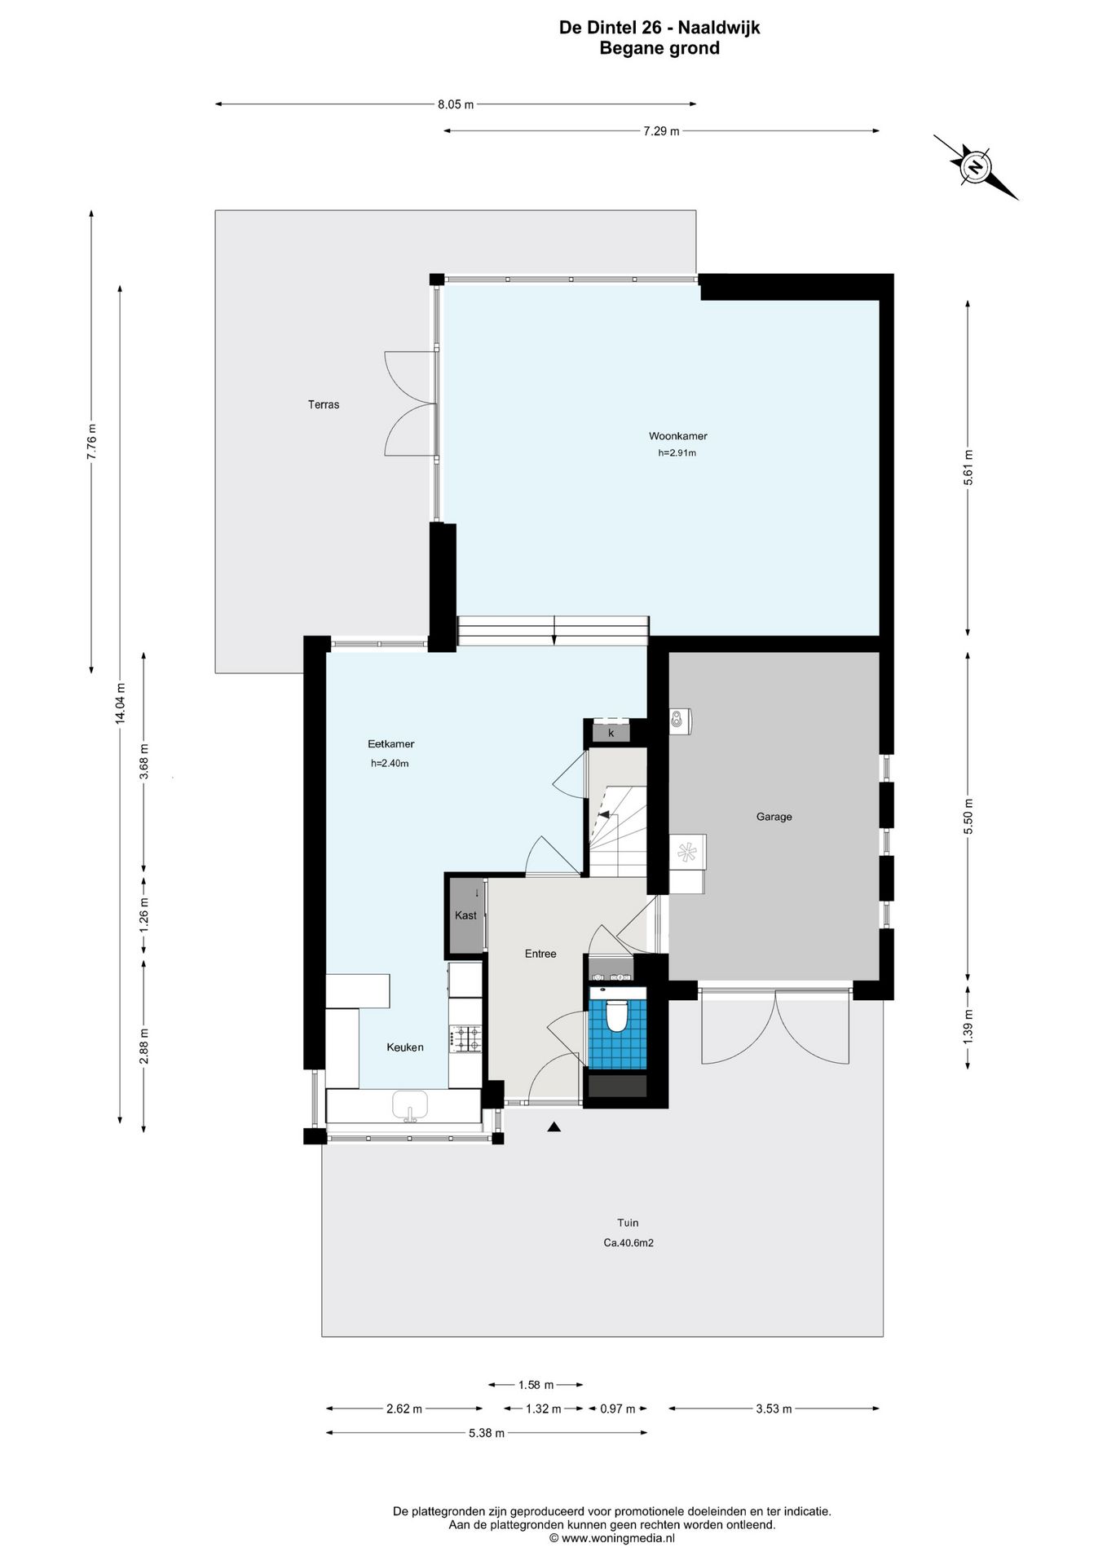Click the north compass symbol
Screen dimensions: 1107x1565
[976, 166]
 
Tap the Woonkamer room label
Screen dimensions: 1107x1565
[677, 436]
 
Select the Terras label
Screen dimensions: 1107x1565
[324, 404]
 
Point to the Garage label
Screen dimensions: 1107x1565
[774, 817]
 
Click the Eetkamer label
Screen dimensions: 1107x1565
[391, 744]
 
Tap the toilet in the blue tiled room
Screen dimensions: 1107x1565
[617, 1015]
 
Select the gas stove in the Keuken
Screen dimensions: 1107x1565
[467, 1038]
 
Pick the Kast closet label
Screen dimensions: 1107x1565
[465, 915]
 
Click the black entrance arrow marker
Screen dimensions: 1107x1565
[554, 1127]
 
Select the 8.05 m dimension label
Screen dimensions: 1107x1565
[456, 104]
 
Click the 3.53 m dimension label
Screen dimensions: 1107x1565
[774, 1408]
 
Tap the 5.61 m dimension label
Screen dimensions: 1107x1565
[968, 468]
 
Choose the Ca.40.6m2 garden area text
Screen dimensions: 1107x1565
[628, 1243]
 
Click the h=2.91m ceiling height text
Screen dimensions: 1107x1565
[677, 453]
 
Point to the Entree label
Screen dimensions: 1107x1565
[540, 954]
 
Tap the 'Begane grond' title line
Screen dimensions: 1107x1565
[659, 48]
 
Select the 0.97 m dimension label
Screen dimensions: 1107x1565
[617, 1408]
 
